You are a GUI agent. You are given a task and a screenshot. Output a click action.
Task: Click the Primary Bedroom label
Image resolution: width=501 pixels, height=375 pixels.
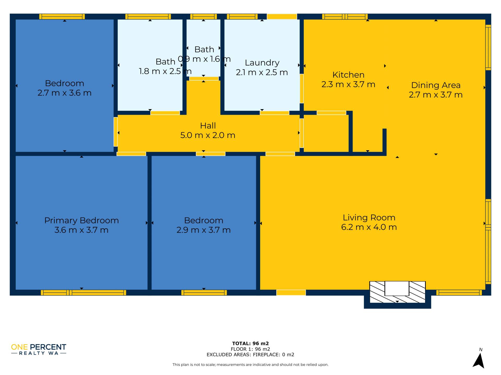tap(81, 221)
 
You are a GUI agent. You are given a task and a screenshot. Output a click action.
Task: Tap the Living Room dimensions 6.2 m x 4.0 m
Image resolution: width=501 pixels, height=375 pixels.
tap(369, 227)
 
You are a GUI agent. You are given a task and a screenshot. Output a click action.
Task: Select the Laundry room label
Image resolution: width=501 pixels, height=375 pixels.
tap(262, 63)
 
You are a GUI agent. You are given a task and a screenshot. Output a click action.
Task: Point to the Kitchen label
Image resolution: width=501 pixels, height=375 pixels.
tap(348, 75)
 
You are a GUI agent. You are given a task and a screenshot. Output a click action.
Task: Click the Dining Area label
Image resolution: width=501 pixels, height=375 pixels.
tap(436, 85)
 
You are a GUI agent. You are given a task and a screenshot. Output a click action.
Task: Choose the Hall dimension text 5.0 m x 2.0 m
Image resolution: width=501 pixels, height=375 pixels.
tap(208, 135)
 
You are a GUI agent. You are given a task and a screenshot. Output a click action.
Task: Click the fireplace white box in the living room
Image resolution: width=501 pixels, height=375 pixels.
tap(397, 288)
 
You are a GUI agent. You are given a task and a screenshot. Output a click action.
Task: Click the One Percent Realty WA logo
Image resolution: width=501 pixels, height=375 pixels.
tap(39, 349)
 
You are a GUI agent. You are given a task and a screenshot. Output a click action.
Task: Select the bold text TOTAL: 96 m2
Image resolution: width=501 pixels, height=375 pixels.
tap(250, 343)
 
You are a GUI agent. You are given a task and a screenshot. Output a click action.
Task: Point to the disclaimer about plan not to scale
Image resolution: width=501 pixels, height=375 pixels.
tap(250, 365)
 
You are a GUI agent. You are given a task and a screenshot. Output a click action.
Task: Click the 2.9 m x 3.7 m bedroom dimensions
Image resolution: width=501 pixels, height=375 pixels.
tap(204, 230)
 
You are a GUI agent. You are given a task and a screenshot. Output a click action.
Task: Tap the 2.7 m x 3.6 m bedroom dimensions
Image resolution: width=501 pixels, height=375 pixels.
tap(64, 93)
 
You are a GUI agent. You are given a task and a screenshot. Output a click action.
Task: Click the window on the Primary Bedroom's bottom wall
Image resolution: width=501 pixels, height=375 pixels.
tap(83, 292)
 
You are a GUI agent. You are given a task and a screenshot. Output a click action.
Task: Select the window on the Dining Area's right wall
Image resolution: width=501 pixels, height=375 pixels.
tap(488, 47)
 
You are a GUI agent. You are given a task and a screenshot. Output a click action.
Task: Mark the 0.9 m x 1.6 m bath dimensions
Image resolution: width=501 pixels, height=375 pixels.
tap(204, 59)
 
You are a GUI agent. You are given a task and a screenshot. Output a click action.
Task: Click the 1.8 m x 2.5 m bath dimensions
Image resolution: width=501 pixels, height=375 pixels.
tap(165, 71)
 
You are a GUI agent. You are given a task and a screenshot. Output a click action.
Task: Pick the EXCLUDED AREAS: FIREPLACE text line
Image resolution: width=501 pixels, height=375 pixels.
tap(250, 354)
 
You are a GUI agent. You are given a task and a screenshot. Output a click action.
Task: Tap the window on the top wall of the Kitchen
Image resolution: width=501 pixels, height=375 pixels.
tap(345, 17)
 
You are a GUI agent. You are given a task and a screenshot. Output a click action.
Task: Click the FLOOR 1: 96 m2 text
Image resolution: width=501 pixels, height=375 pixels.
tap(250, 349)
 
